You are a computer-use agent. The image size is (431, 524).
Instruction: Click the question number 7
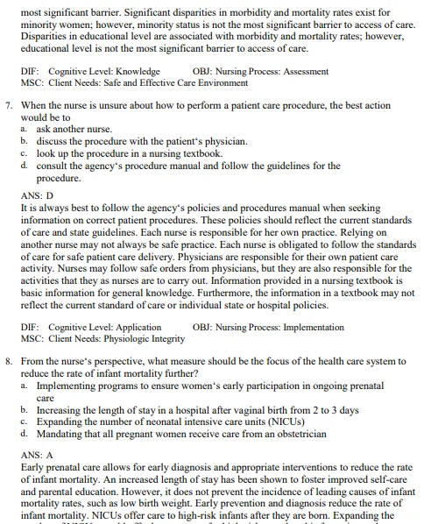point(8,104)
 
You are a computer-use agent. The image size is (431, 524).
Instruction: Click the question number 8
point(8,360)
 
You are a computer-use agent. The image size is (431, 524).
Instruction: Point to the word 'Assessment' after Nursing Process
point(300,71)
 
